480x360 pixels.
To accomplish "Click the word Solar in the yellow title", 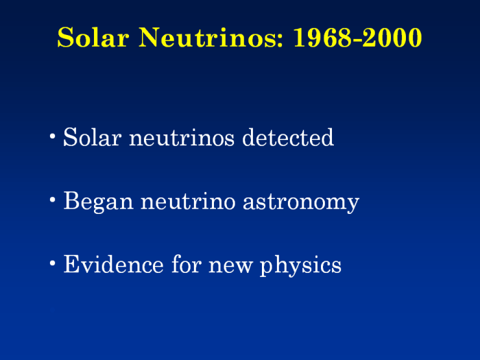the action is point(93,37).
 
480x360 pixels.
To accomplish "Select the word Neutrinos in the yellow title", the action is point(208,37).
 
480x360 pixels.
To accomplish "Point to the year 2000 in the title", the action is point(392,37).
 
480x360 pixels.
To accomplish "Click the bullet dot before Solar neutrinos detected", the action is point(53,136).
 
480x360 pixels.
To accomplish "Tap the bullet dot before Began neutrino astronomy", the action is point(53,200).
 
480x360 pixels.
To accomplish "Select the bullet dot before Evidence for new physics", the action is point(53,263).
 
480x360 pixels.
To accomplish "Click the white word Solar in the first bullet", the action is point(93,137).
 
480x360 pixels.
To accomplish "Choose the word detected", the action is point(288,137).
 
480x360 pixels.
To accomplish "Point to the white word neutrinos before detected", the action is point(182,138).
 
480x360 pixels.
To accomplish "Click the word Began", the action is point(98,202).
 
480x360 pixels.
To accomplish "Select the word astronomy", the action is point(301,203).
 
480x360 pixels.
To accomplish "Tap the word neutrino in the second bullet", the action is point(188,202).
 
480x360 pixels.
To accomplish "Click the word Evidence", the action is point(113,264).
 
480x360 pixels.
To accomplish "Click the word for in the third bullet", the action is point(187,264).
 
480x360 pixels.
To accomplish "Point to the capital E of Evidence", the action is point(71,264).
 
